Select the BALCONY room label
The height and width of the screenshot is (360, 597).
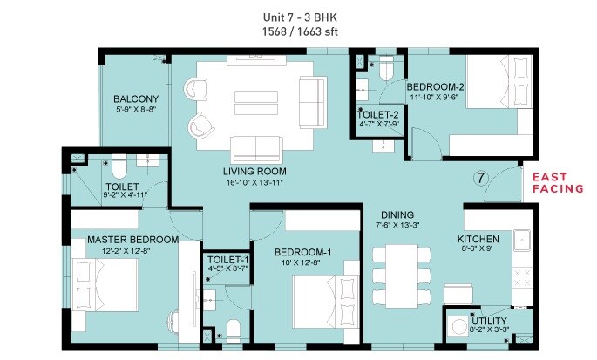point(135,98)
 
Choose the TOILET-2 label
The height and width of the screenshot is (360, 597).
point(378,114)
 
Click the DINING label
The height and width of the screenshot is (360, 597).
point(396,215)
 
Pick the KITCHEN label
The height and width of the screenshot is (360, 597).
point(478,239)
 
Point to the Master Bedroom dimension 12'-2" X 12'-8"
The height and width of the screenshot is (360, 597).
point(126,251)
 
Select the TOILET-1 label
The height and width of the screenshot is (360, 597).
point(228,261)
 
